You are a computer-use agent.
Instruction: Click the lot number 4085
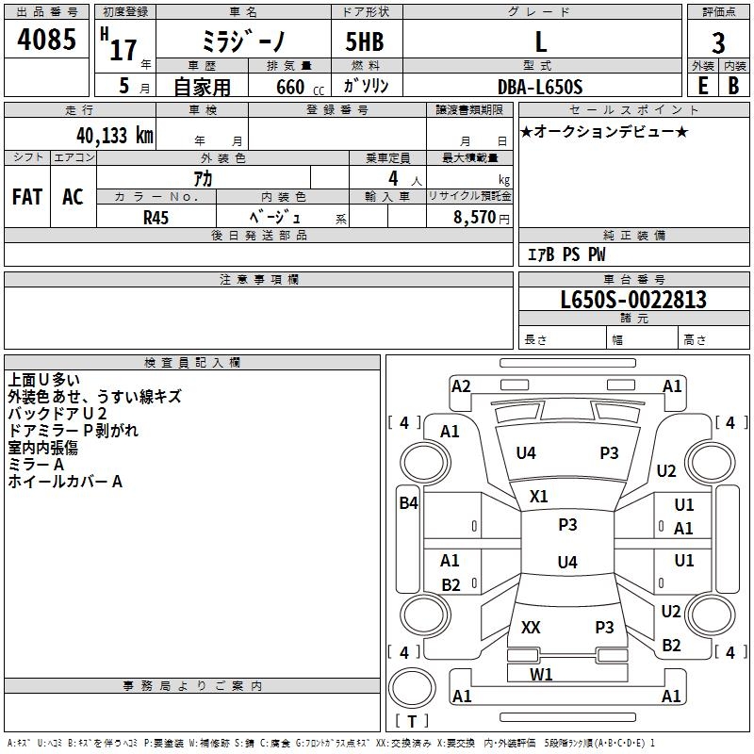(47, 41)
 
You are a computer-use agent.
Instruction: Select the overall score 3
(718, 42)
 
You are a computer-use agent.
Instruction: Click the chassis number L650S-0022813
(633, 301)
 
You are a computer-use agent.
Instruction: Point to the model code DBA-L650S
(540, 87)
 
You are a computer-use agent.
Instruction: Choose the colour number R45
(156, 218)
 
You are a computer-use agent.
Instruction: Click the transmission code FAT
(26, 197)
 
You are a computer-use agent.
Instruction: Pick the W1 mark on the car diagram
(541, 674)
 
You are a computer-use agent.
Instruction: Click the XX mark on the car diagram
(531, 628)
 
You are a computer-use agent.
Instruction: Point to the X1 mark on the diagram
(539, 496)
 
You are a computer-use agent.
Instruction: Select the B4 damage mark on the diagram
(407, 503)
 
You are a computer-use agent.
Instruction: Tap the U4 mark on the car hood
(526, 453)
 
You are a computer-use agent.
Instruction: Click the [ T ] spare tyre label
(411, 722)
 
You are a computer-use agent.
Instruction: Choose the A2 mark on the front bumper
(461, 385)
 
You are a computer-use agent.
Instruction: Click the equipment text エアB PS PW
(566, 254)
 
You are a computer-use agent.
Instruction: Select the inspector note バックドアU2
(57, 414)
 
